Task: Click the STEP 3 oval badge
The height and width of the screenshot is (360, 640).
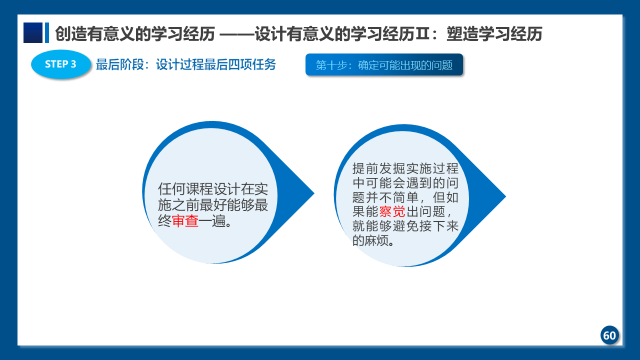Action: pos(61,64)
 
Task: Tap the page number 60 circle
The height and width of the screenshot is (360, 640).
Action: pos(609,335)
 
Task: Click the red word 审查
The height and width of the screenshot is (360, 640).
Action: pos(185,221)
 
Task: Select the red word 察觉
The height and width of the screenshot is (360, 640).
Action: pos(392,211)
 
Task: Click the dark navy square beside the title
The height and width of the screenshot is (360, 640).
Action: pos(33,33)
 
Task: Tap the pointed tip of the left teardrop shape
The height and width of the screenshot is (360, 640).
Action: pos(314,193)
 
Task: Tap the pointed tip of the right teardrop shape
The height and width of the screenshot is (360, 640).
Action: pos(505,196)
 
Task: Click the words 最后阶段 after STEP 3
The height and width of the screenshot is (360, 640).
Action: pos(120,64)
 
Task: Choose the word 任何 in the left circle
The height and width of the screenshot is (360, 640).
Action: pos(171,189)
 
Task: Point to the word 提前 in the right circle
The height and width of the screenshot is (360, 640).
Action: pos(365,168)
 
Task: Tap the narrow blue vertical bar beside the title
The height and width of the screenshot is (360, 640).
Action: pos(47,33)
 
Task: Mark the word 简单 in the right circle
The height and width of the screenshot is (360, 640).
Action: pos(406,197)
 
